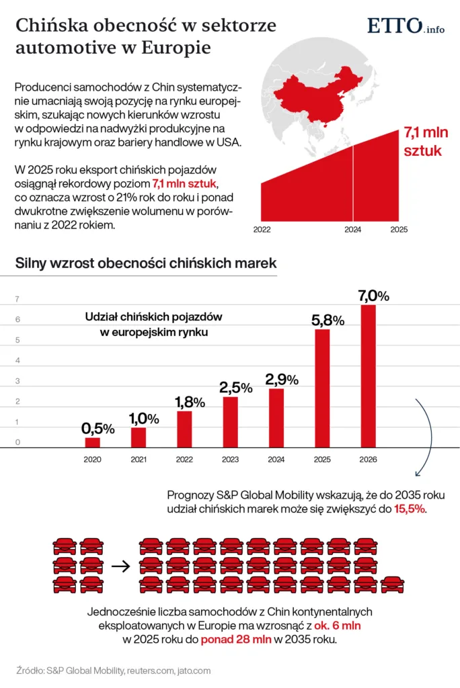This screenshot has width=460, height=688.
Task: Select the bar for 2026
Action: pyautogui.click(x=368, y=376)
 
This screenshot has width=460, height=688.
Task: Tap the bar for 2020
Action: pyautogui.click(x=92, y=442)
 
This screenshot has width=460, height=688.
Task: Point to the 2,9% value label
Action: pyautogui.click(x=282, y=379)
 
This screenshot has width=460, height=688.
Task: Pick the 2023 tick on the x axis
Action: pyautogui.click(x=230, y=460)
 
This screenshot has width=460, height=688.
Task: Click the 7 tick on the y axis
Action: pyautogui.click(x=17, y=299)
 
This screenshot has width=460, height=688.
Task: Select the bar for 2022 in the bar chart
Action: pyautogui.click(x=184, y=429)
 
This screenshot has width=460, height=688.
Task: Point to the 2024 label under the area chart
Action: pyautogui.click(x=352, y=230)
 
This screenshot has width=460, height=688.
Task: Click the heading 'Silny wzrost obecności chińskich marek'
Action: pyautogui.click(x=146, y=264)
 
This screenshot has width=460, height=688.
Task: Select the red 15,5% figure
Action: pyautogui.click(x=410, y=509)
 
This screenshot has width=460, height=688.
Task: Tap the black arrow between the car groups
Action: pyautogui.click(x=120, y=566)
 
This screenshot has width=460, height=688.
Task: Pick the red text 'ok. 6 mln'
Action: pyautogui.click(x=340, y=626)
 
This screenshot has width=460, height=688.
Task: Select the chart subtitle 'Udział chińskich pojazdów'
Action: pyautogui.click(x=154, y=316)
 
